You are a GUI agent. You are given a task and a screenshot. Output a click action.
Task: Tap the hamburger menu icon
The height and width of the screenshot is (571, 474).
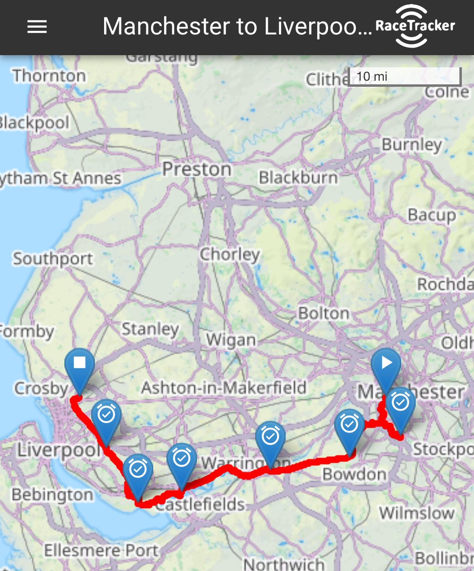coord(37,27)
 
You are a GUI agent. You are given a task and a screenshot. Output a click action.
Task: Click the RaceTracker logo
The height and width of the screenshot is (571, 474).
coord(415,26)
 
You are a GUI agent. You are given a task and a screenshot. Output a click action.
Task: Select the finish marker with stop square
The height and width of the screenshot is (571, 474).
coord(79,365)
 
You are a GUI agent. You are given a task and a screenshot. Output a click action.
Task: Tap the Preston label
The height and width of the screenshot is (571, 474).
coord(197,169)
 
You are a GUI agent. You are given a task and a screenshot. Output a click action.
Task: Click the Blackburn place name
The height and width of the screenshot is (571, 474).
coord(298,177)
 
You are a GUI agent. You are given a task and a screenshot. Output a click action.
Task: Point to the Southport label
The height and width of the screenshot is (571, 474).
coord(53,259)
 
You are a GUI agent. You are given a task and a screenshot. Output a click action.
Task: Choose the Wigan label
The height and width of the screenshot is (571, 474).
coord(231,340)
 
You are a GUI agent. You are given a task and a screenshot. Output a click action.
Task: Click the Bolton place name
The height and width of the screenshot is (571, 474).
coord(324,313)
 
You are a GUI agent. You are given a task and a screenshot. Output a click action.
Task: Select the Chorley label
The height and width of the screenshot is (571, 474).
coord(230,254)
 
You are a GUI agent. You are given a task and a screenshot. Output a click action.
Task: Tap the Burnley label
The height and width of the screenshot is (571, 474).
coord(412,144)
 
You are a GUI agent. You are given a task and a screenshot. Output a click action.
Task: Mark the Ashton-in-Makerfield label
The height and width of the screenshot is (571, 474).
coord(223,387)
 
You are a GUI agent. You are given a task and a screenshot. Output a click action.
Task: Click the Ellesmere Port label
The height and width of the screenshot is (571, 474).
coord(101,551)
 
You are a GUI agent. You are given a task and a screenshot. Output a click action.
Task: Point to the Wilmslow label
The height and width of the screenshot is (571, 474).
coord(416,513)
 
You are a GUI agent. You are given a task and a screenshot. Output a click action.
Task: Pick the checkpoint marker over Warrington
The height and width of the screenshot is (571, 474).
coord(271,438)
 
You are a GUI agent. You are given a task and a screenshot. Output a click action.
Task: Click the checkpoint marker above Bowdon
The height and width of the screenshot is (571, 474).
coord(349,425)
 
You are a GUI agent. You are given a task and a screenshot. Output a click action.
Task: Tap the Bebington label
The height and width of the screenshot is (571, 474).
coord(52,495)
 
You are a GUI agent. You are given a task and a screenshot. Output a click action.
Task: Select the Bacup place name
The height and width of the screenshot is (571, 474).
coord(432,215)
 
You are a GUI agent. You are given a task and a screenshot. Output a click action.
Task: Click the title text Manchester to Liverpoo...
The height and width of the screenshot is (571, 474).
coord(237,27)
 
